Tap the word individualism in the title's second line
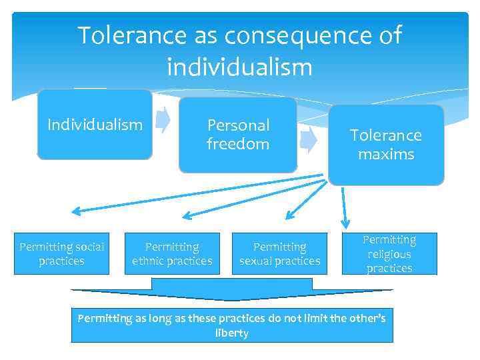[x=240, y=67]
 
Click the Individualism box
[x=95, y=125]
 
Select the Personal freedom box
[x=238, y=135]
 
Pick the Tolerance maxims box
[x=386, y=145]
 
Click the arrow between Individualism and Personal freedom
[x=163, y=119]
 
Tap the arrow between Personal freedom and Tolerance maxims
[x=308, y=138]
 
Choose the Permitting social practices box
[x=62, y=254]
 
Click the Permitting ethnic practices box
[x=172, y=254]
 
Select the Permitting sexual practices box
[x=280, y=254]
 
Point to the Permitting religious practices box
[x=389, y=254]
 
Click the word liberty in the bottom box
[x=232, y=333]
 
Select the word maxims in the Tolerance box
[x=386, y=155]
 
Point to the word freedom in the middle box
[x=238, y=144]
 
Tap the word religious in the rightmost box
[x=389, y=254]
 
